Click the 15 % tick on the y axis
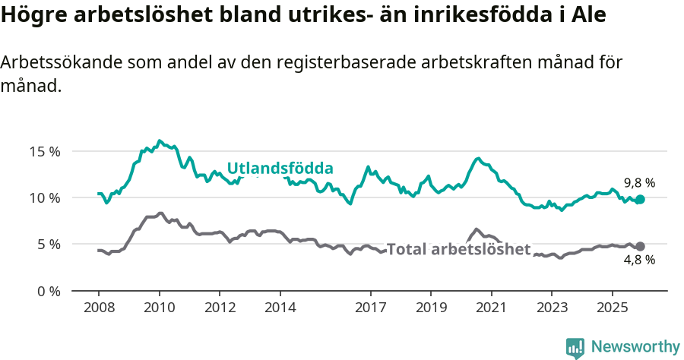pos(44,151)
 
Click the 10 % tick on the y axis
pos(44,197)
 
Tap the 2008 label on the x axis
pos(99,309)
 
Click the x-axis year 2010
pos(159,309)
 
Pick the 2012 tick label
pos(220,309)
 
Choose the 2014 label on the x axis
pos(280,309)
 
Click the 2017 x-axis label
pos(370,309)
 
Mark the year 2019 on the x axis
pos(430,309)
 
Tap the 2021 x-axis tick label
pos(491,309)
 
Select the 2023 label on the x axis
pos(551,309)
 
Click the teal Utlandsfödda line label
pos(280,169)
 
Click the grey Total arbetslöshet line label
pos(458,249)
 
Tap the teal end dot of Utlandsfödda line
pos(640,199)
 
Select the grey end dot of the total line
pos(640,246)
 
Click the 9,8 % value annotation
pos(639,183)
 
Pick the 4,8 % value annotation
pos(639,261)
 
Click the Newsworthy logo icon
pos(575,348)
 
